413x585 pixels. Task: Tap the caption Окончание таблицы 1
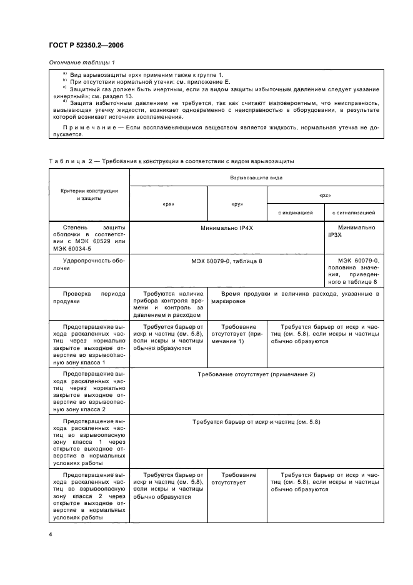click(x=81, y=63)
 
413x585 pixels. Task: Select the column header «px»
click(x=168, y=204)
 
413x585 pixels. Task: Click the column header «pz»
click(x=325, y=195)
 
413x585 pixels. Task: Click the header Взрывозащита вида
click(x=256, y=178)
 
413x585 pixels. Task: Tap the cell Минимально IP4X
click(x=226, y=229)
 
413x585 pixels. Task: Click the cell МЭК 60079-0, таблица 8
click(x=226, y=260)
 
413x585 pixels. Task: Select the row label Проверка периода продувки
click(x=87, y=297)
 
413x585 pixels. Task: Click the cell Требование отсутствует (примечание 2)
click(x=256, y=374)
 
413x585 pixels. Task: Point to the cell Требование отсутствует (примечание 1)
click(x=237, y=334)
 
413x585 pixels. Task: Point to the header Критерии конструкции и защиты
click(x=88, y=194)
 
